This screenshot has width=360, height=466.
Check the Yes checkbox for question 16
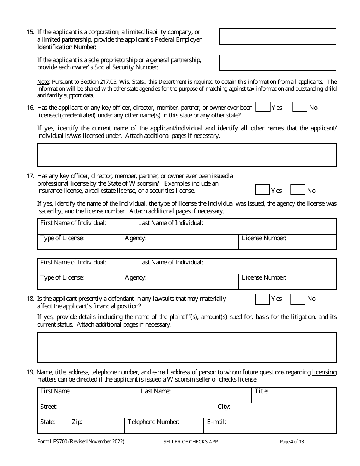coord(263,107)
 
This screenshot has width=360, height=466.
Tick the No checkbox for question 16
coord(299,107)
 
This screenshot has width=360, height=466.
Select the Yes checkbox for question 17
coord(262,190)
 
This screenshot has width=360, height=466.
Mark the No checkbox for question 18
coord(297,299)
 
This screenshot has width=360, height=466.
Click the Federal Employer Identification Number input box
coord(277,36)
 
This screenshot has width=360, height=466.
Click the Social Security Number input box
coord(277,63)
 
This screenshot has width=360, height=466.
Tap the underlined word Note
coord(43,82)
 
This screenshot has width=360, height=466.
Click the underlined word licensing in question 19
coord(324,372)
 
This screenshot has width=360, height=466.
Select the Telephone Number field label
coord(153,422)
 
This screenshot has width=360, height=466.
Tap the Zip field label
coord(77,422)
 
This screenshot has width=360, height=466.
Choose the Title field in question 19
coord(294,395)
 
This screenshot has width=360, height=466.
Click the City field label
coord(224,407)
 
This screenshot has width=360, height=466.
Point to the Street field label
coord(49,407)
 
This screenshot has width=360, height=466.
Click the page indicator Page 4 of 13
coord(292,441)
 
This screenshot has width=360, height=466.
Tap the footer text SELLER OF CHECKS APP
coord(191,441)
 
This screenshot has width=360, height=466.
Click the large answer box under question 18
coord(186,347)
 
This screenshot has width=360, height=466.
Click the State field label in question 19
coord(47,422)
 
